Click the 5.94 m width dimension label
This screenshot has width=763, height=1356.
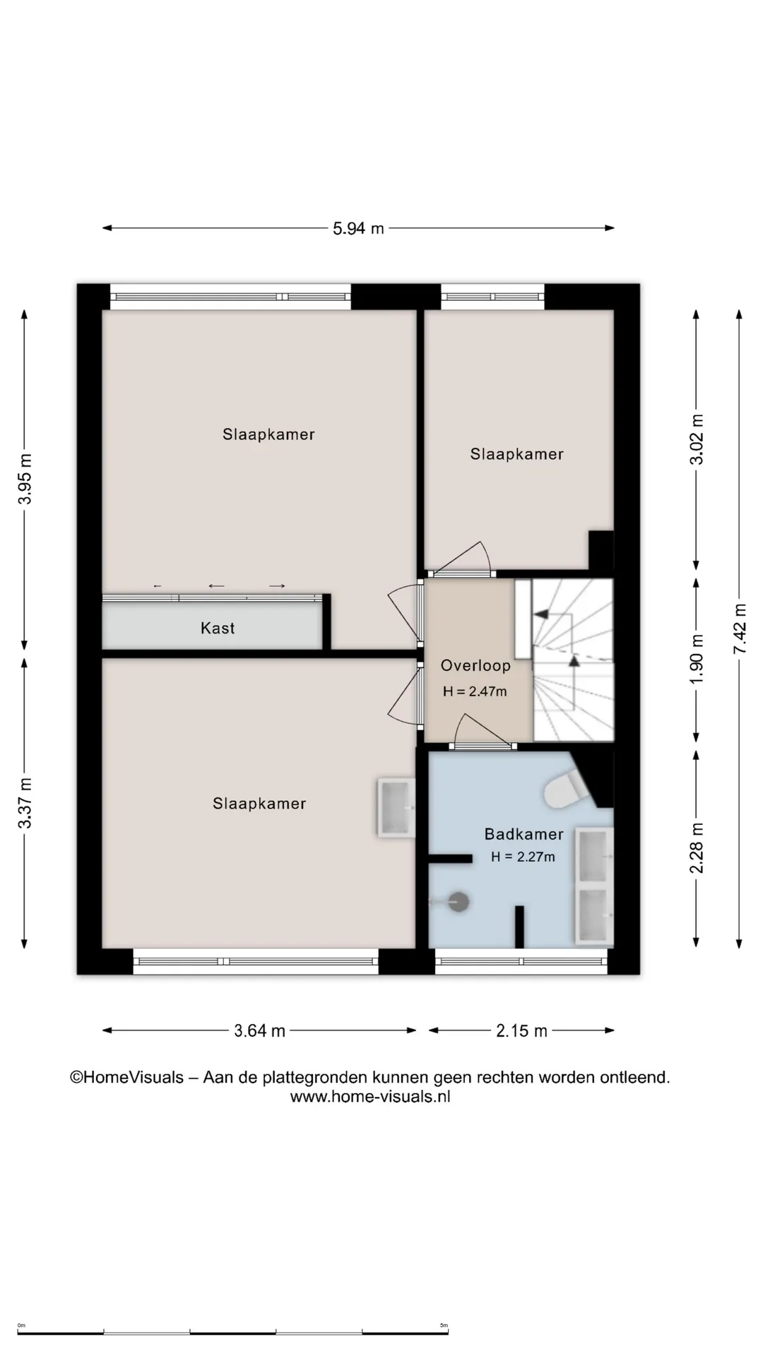coord(358,228)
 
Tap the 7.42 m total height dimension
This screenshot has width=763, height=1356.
coord(740,629)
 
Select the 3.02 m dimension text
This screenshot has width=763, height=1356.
coord(697,439)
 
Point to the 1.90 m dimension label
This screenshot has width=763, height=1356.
coord(697,658)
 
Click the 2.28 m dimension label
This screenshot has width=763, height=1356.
coord(697,847)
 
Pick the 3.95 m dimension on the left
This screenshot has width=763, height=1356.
coord(25,479)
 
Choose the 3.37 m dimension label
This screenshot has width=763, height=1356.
coord(25,803)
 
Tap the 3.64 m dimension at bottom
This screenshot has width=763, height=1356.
coord(259,1031)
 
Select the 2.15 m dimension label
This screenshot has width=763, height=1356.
coord(521,1031)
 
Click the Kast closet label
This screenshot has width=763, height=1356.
coord(218,628)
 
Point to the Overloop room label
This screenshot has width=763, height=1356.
coord(475,665)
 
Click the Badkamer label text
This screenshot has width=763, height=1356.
coord(524,834)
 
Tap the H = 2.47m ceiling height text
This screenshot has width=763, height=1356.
coord(475,691)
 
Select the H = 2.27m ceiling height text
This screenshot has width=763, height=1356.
coord(523,857)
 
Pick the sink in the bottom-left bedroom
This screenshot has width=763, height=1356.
coord(396,808)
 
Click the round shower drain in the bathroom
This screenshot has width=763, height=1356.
coord(459,901)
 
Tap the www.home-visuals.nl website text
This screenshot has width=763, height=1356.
coord(370,1097)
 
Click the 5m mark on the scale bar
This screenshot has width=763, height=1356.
coord(444,1326)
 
